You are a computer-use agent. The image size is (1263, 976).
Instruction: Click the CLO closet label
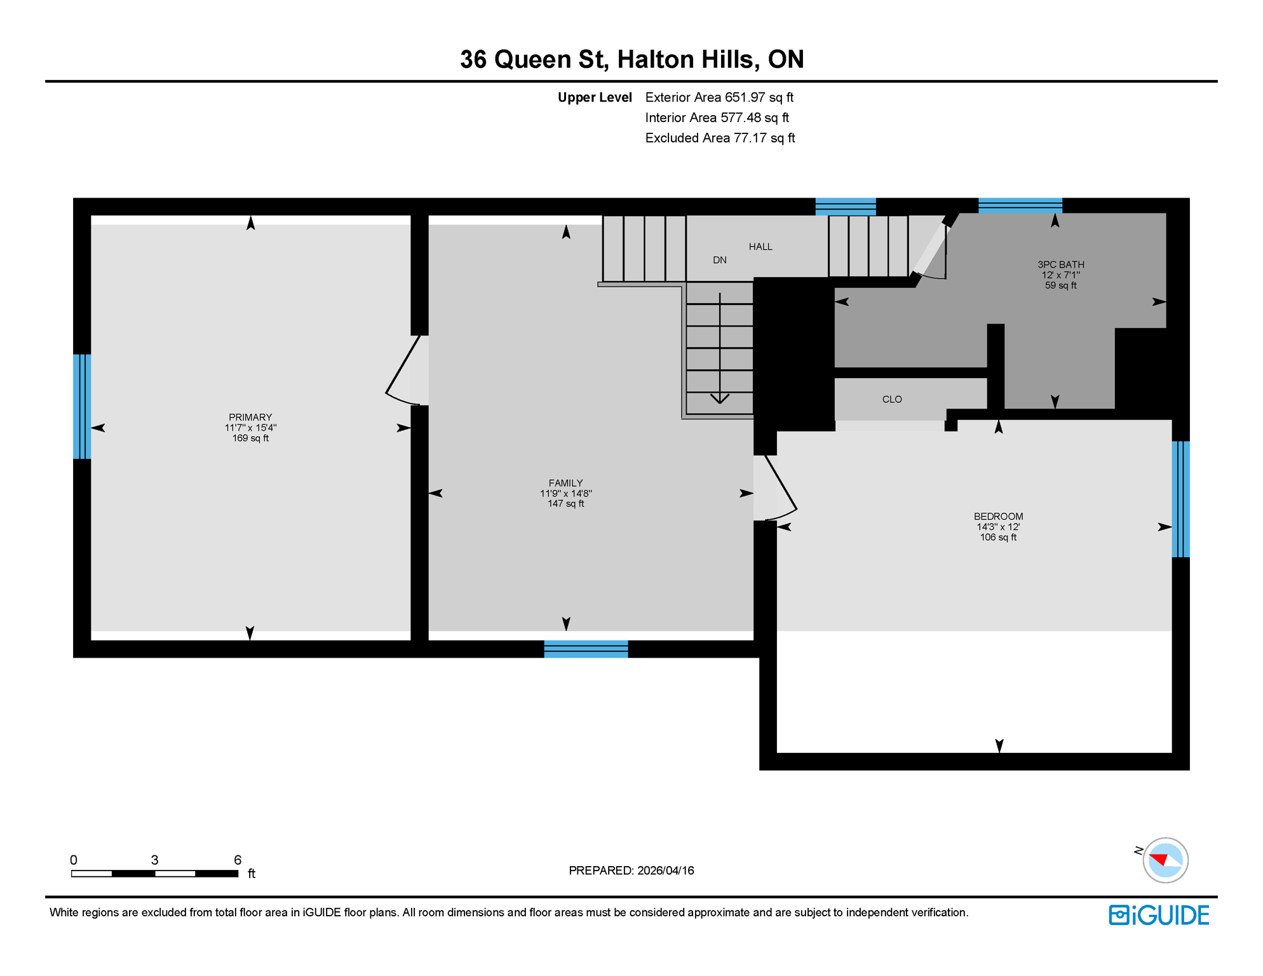tap(891, 399)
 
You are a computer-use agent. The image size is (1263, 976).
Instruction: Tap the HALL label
tap(760, 247)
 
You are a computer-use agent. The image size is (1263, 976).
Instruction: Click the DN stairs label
tap(719, 260)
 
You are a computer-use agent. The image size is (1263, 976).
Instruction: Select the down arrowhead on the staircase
tap(719, 399)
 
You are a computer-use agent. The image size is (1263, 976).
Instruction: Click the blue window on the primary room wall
tap(82, 407)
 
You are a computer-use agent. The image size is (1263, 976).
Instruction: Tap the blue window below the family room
tap(586, 649)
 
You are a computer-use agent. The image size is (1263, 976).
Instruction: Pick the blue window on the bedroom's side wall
tap(1180, 499)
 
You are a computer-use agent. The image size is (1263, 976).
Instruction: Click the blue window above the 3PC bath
tap(1020, 205)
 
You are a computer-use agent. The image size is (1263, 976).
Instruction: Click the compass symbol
tap(1165, 860)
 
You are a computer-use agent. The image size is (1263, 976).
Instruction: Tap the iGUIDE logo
tap(1158, 915)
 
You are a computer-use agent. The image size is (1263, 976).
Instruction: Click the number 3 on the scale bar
tap(154, 860)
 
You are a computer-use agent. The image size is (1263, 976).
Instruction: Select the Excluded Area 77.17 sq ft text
tap(719, 138)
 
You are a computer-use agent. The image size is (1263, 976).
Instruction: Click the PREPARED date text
tap(631, 871)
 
